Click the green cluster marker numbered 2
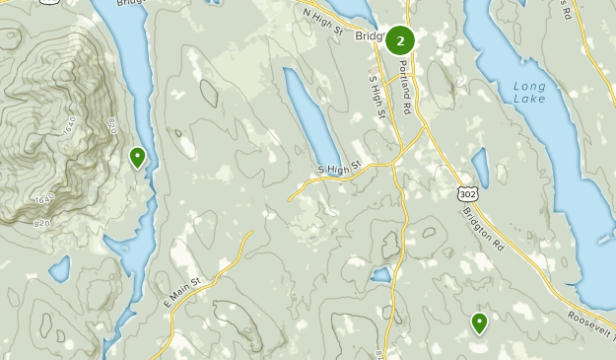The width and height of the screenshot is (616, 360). click(x=400, y=40)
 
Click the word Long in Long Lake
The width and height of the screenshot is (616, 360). click(x=529, y=86)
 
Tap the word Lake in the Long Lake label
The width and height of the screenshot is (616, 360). click(x=529, y=101)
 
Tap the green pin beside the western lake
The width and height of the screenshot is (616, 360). click(x=137, y=156)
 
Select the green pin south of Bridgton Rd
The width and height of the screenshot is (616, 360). click(x=479, y=322)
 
